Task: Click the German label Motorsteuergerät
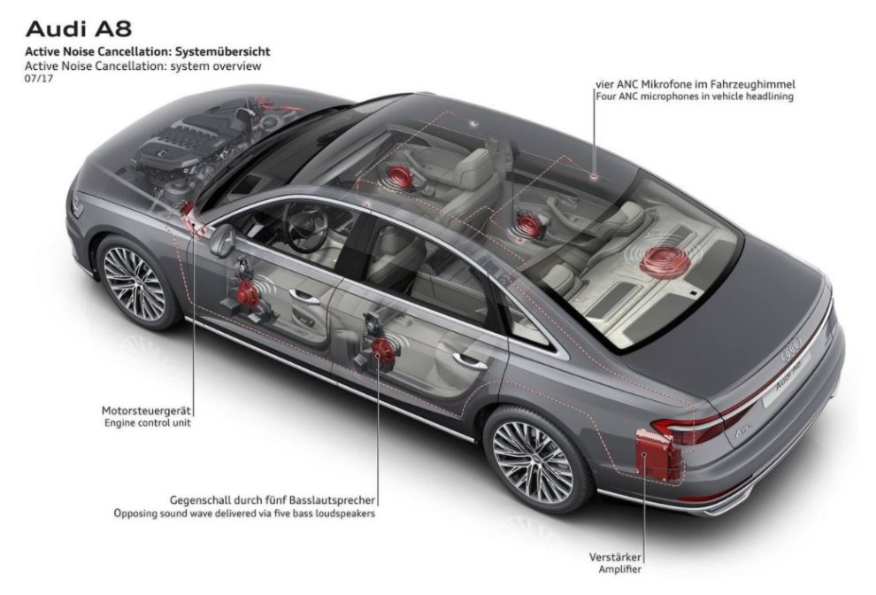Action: [x=147, y=410]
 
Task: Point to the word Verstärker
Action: [x=615, y=557]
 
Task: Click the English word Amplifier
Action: [x=617, y=571]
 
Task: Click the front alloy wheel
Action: [x=134, y=282]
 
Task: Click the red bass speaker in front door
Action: [x=249, y=293]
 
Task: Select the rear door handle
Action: [x=469, y=361]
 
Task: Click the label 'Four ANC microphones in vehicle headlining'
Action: [x=694, y=97]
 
